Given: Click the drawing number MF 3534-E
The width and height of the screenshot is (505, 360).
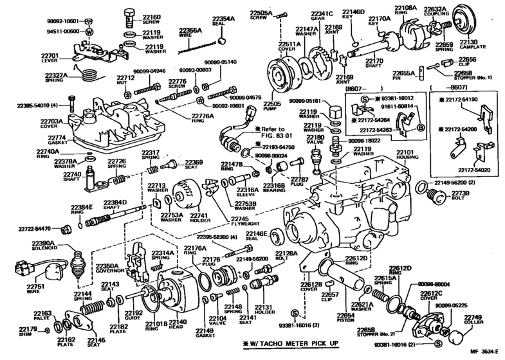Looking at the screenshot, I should coord(479,353).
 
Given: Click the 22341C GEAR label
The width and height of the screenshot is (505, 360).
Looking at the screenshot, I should coord(322,15).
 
